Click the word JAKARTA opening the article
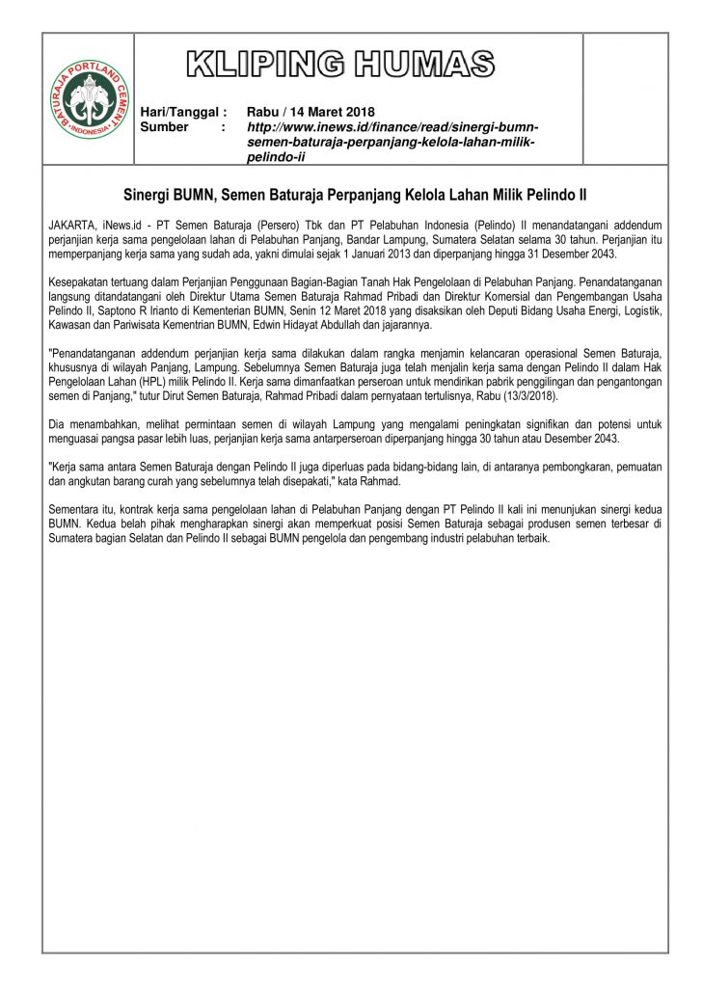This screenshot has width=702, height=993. click(x=70, y=224)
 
